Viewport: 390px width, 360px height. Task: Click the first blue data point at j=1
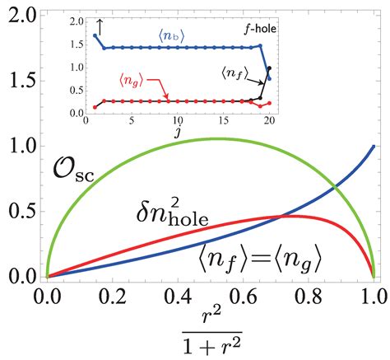[96, 36]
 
